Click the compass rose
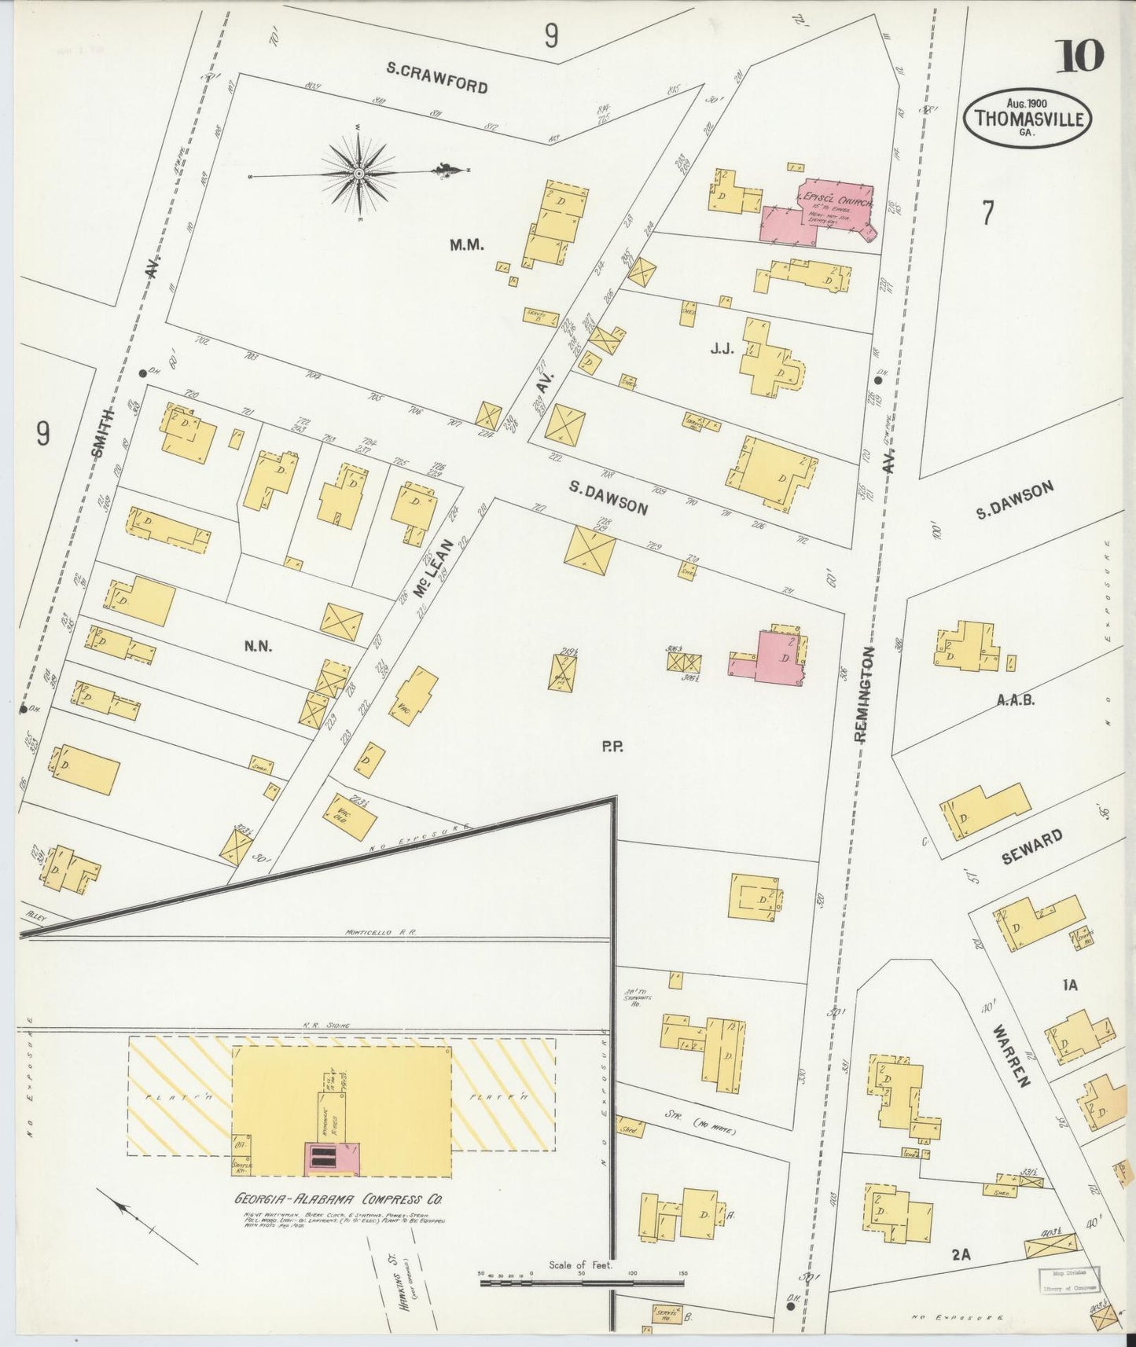[x=358, y=172]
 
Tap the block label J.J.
[x=721, y=348]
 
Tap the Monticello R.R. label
[x=379, y=932]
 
